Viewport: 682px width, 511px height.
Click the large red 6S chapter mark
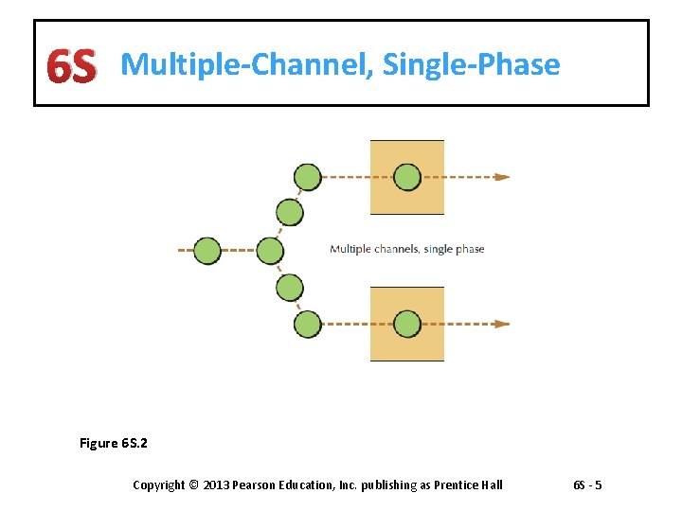(x=71, y=66)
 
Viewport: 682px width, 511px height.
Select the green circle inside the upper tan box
(x=407, y=177)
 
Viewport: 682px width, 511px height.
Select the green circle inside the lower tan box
(x=407, y=324)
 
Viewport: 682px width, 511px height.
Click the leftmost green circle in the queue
(x=207, y=251)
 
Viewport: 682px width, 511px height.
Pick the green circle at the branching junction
(x=270, y=251)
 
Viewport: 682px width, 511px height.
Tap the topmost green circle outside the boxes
(x=308, y=177)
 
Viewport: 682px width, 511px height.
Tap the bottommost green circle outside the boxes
(x=308, y=325)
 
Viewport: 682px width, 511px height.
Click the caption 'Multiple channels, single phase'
(x=406, y=249)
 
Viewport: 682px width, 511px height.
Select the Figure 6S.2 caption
(x=114, y=443)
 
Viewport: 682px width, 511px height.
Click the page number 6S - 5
(x=587, y=485)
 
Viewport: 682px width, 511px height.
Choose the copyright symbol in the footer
(x=193, y=485)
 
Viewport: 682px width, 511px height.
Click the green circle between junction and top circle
(x=289, y=213)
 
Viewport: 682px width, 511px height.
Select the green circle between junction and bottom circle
(x=289, y=287)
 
